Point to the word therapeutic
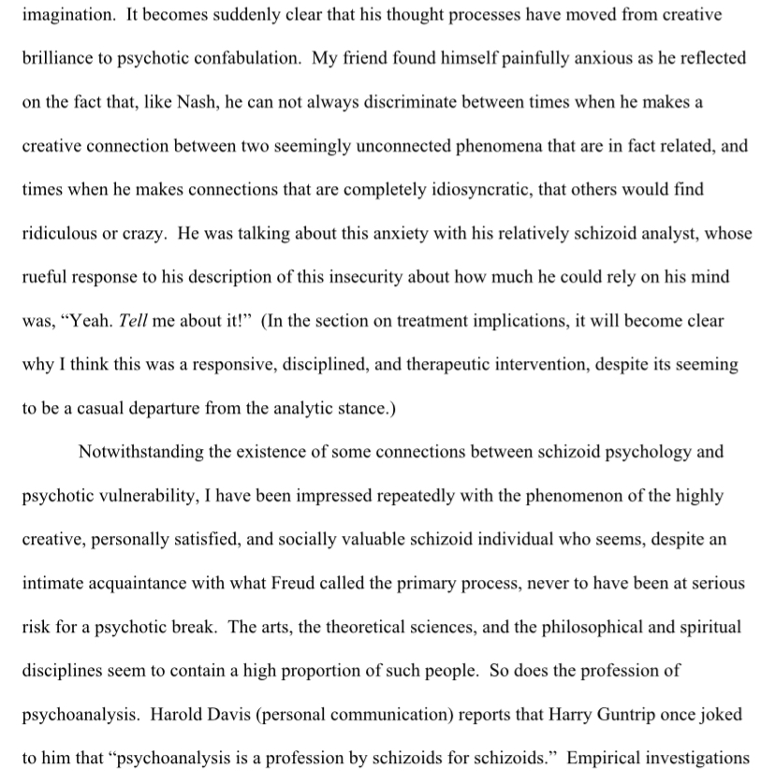point(452,363)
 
